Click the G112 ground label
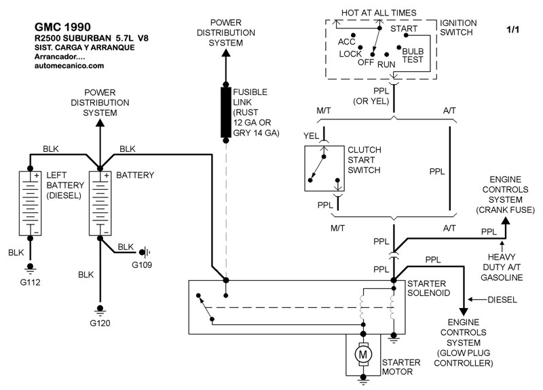[x=31, y=281]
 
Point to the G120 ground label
[x=100, y=324]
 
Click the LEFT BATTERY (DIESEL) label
[x=64, y=185]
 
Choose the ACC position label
[x=347, y=41]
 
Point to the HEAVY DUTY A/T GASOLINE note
[x=502, y=268]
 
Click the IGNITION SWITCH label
[x=458, y=27]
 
